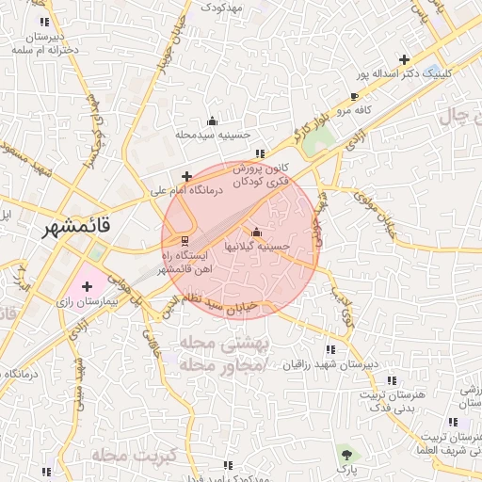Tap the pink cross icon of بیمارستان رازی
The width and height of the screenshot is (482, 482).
[x=88, y=285]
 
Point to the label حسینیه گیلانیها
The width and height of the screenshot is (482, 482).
[x=255, y=246]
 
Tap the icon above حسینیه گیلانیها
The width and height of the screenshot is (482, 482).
[x=256, y=233]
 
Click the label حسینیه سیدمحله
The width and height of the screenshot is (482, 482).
[x=212, y=135]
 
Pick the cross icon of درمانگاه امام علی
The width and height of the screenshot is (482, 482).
[x=187, y=176]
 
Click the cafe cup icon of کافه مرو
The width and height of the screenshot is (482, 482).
[x=354, y=97]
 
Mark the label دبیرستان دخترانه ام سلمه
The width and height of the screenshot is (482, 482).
[x=41, y=42]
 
